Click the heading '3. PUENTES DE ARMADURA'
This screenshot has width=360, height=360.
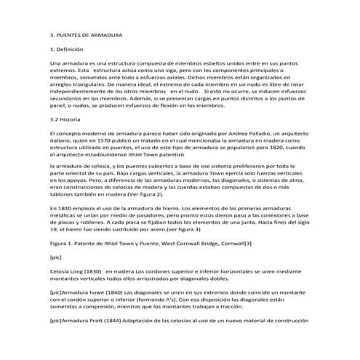click(x=87, y=35)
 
